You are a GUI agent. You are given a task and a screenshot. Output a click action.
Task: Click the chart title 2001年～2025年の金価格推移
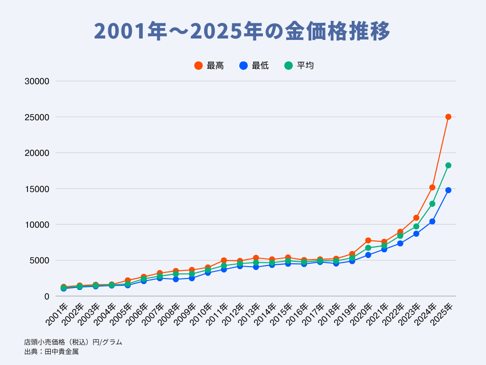click(243, 32)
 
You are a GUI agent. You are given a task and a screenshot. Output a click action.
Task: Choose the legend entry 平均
click(299, 66)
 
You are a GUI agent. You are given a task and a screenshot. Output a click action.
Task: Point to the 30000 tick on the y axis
click(37, 81)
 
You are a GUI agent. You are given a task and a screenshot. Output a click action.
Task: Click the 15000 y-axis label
click(37, 189)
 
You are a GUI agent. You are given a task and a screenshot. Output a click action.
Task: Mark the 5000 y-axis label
click(39, 260)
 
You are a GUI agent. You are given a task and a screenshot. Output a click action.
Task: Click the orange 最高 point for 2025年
click(448, 117)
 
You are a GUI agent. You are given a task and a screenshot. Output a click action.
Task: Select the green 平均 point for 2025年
click(448, 165)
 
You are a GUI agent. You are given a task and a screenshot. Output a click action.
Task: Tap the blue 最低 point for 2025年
click(448, 190)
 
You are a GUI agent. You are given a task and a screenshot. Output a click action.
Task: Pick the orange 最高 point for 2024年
click(432, 187)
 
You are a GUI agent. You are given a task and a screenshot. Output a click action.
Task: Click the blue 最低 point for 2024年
click(432, 221)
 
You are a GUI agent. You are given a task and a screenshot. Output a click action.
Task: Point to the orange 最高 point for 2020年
click(368, 240)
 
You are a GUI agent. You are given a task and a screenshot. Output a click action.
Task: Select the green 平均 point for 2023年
click(416, 226)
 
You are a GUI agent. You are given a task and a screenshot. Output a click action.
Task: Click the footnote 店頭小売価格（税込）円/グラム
click(73, 342)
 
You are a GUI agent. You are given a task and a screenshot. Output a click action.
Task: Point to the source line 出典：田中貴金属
click(51, 352)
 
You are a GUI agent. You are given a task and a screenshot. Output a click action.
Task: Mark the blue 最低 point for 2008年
click(176, 279)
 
